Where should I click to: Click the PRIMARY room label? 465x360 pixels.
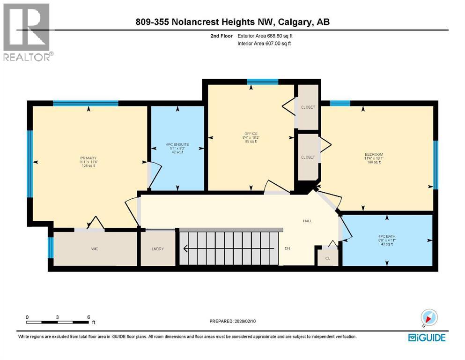[x=88, y=158]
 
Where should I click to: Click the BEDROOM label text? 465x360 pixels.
[x=374, y=155]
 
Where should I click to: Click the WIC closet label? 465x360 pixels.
[x=94, y=249]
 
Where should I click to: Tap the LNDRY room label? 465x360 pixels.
[x=158, y=249]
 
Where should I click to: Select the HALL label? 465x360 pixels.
[x=307, y=221]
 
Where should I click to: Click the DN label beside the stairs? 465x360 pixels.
[x=288, y=248]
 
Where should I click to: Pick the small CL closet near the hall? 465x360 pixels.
[x=327, y=257]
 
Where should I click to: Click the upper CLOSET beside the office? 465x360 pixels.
[x=308, y=107]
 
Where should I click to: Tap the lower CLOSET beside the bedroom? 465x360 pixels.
[x=308, y=157]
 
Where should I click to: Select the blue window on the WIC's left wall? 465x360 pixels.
[x=50, y=247]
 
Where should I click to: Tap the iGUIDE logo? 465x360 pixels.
[x=427, y=337]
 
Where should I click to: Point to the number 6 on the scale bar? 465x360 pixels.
[x=89, y=317]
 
